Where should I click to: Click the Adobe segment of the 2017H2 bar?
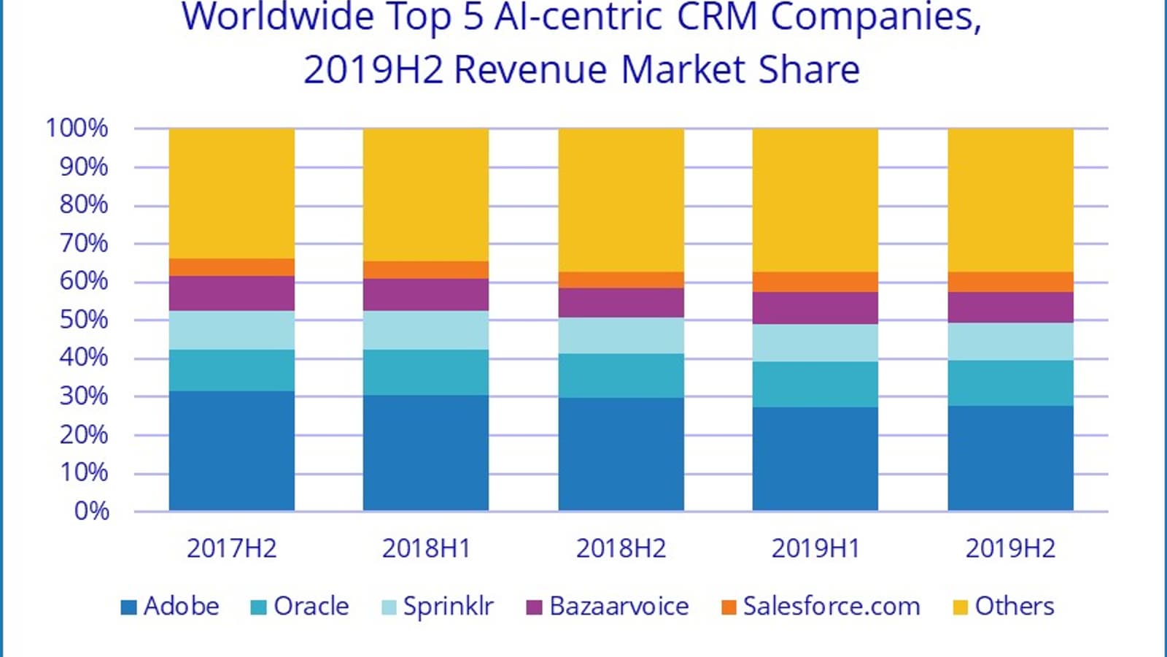(x=232, y=450)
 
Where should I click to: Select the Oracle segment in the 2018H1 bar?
(x=426, y=372)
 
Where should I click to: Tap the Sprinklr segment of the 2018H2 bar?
(x=621, y=336)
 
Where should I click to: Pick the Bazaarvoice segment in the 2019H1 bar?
(x=815, y=308)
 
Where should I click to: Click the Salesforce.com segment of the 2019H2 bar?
(x=1010, y=282)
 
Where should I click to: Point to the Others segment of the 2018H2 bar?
(x=621, y=200)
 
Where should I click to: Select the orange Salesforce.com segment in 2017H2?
(x=232, y=267)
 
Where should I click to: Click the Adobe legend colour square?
(x=128, y=607)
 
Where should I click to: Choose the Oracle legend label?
(x=311, y=607)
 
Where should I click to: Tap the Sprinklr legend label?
(x=449, y=607)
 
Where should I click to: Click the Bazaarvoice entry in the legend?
(x=619, y=607)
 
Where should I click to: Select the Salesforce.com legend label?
(x=831, y=607)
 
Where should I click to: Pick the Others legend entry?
(x=1014, y=607)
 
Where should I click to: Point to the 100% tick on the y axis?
(x=77, y=128)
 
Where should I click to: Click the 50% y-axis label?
(x=84, y=320)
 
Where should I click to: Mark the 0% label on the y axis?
(x=92, y=511)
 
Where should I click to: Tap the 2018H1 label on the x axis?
(x=427, y=549)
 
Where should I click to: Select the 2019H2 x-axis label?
(x=1010, y=549)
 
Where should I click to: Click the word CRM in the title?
(x=717, y=18)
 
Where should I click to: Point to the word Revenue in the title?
(x=530, y=71)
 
